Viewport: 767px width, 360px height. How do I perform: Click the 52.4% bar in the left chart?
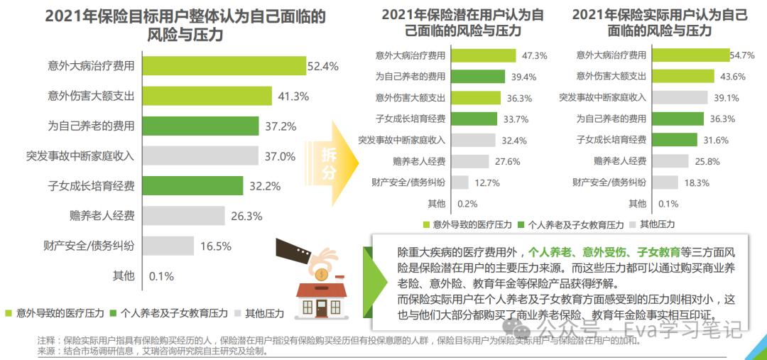(224, 66)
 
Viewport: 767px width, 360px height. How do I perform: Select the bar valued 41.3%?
(207, 96)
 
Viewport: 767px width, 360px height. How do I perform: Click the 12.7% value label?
(487, 182)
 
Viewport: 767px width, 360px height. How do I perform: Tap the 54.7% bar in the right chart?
(691, 55)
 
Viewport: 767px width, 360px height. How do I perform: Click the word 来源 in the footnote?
(47, 350)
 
